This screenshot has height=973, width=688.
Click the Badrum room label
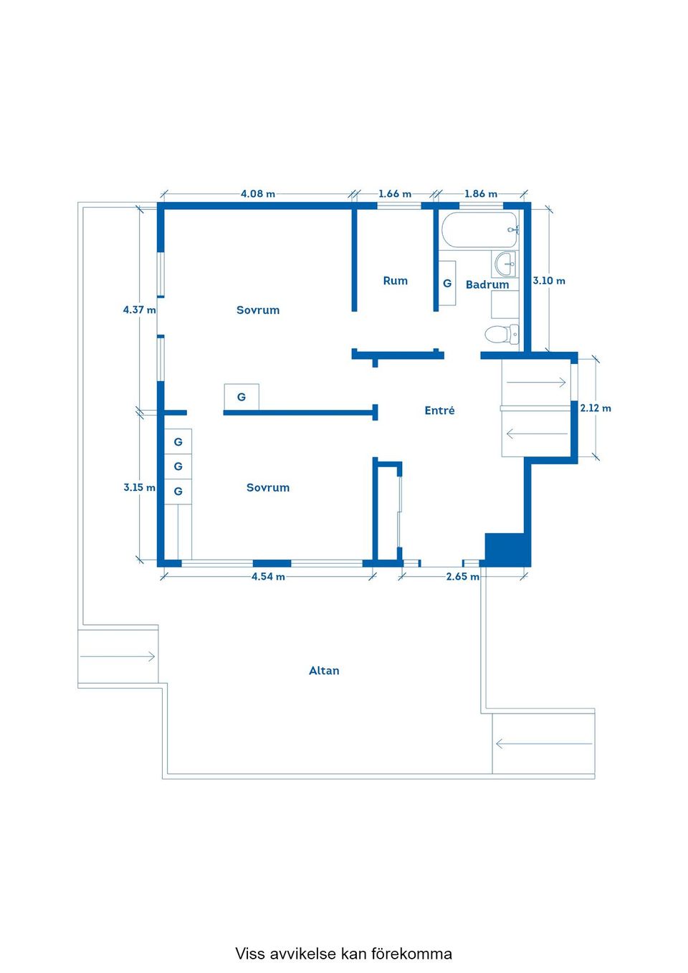tap(487, 284)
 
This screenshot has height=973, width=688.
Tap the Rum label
tap(396, 281)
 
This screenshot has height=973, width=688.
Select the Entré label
tap(439, 410)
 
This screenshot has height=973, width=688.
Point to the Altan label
tap(324, 670)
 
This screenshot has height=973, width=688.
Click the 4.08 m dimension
tap(258, 193)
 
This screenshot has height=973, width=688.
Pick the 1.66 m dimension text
tap(395, 193)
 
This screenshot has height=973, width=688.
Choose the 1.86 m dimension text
tap(481, 193)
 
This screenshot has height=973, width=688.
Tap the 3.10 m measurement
tap(549, 281)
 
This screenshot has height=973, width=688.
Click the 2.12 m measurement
tap(596, 408)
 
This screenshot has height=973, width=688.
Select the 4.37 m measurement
tap(140, 310)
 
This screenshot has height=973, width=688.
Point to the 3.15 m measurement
tap(140, 487)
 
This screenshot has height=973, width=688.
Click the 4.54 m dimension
tap(269, 576)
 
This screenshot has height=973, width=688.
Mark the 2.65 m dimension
tap(463, 576)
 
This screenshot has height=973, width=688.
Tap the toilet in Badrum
tap(502, 335)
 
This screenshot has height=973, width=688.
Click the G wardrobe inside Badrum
tap(447, 283)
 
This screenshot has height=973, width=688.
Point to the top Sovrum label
tap(258, 310)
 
